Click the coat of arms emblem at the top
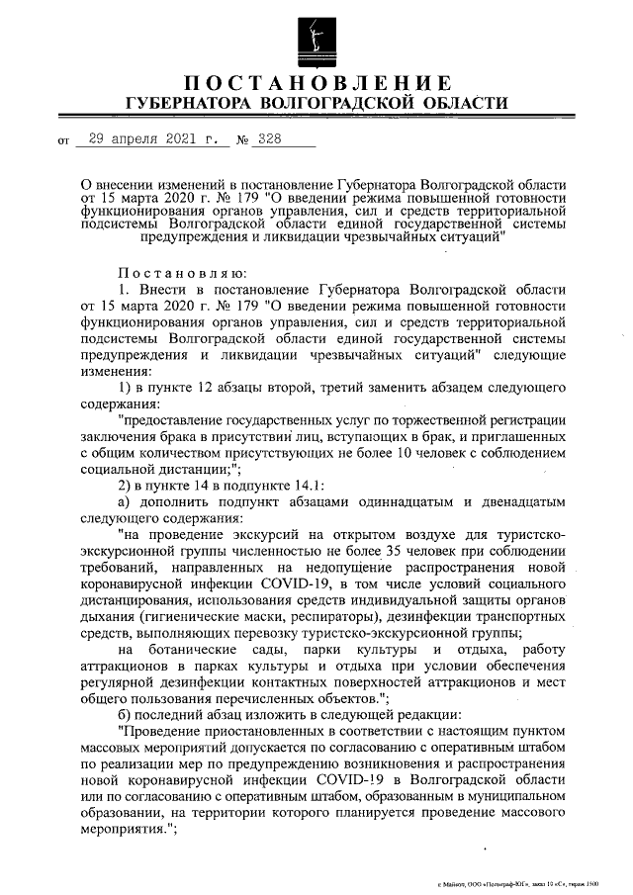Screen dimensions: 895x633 [x=316, y=37]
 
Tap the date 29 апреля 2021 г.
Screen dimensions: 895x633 [x=154, y=139]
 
